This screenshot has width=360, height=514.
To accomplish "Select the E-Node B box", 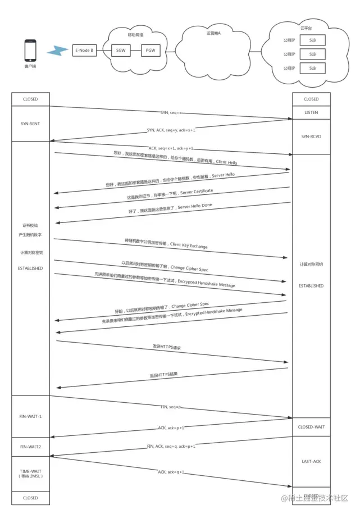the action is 84,51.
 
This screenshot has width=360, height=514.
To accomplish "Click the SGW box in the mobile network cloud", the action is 121,51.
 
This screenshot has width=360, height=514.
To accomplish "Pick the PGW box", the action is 151,51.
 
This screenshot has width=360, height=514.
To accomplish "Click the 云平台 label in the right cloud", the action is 305,28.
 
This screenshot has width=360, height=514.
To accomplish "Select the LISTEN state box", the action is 311,113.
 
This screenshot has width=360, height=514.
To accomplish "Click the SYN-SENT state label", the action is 31,124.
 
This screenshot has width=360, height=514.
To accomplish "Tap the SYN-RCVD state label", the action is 311,137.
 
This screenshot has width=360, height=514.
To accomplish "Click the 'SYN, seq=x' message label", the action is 171,112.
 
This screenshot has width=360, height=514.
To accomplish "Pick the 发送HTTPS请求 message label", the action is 167,347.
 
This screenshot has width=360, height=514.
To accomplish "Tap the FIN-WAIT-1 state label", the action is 31,416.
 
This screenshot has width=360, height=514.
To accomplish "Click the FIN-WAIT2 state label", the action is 31,447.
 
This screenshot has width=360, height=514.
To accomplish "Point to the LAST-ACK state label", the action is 311,461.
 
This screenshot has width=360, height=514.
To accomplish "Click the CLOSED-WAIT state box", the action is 311,427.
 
